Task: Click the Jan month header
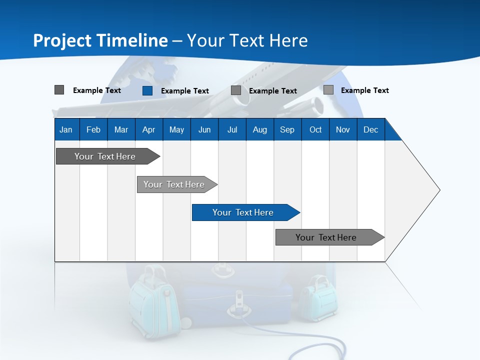(x=66, y=129)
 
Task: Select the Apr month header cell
(x=149, y=129)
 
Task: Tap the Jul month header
(x=232, y=129)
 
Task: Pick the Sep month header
(x=287, y=129)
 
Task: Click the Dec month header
(x=371, y=129)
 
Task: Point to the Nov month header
(x=343, y=129)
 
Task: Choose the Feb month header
(x=93, y=129)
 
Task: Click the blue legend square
(x=147, y=90)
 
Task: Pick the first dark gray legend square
(x=59, y=90)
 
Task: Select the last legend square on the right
(x=328, y=90)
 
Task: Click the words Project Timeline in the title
(x=100, y=40)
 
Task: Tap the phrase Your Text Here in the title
(x=247, y=40)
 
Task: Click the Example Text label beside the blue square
(x=185, y=91)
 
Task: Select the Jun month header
(x=204, y=129)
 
